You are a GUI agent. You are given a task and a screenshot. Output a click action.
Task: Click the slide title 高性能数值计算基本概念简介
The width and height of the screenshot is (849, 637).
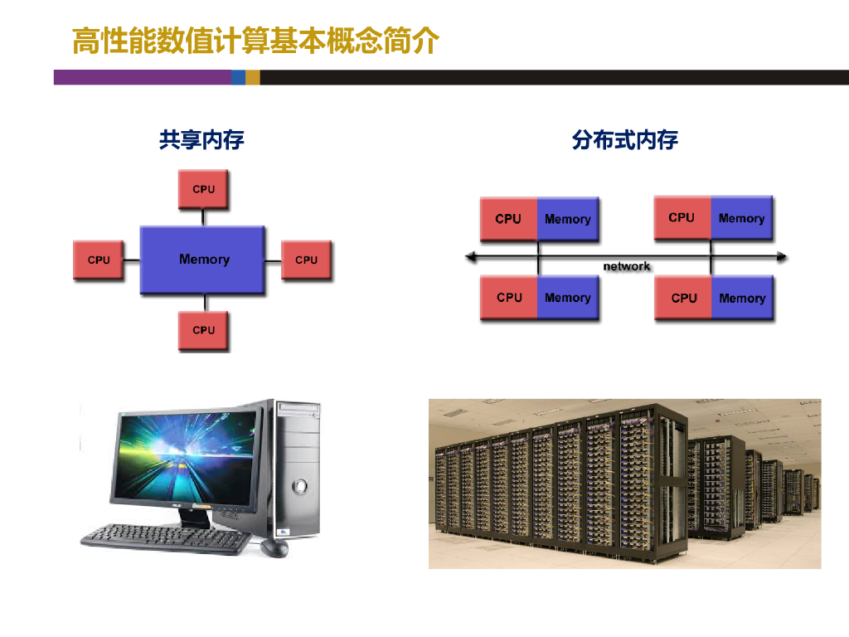pyautogui.click(x=255, y=41)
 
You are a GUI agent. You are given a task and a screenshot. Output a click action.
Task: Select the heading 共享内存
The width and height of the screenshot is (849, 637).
pyautogui.click(x=201, y=139)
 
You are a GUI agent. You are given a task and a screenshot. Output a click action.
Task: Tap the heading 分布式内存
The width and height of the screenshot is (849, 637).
pyautogui.click(x=625, y=139)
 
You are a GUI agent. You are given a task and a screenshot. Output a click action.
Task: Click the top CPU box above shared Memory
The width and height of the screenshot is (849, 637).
pyautogui.click(x=203, y=189)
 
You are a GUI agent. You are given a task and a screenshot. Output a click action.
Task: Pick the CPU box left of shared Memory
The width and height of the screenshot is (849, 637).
pyautogui.click(x=98, y=260)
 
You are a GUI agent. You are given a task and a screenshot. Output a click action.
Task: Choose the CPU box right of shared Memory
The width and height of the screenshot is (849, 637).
pyautogui.click(x=306, y=260)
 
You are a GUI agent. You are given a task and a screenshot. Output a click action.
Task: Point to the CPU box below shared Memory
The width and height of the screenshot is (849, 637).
pyautogui.click(x=203, y=330)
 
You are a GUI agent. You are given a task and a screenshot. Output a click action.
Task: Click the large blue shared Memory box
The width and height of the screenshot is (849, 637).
pyautogui.click(x=202, y=260)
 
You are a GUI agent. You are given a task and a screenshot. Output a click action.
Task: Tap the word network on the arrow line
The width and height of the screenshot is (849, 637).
pyautogui.click(x=627, y=266)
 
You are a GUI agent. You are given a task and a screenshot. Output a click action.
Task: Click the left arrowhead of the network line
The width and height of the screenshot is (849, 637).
pyautogui.click(x=470, y=256)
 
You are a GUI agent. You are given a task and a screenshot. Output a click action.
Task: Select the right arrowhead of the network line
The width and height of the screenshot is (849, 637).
pyautogui.click(x=782, y=256)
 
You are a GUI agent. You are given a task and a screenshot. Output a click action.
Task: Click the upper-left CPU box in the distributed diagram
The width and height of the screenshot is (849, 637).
pyautogui.click(x=508, y=219)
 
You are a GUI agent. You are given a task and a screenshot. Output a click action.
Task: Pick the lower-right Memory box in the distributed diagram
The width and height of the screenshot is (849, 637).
pyautogui.click(x=742, y=298)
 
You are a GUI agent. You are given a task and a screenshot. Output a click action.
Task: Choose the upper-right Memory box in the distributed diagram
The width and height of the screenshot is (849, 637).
pyautogui.click(x=741, y=218)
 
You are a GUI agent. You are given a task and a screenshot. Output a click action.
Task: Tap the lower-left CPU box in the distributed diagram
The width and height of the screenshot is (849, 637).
pyautogui.click(x=509, y=298)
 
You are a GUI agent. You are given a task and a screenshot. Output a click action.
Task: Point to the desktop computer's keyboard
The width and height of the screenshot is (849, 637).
pyautogui.click(x=167, y=539)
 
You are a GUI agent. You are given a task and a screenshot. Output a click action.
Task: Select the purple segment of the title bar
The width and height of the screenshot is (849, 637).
pyautogui.click(x=143, y=77)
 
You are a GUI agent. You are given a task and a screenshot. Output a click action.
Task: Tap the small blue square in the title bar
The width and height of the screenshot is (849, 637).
pyautogui.click(x=238, y=77)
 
